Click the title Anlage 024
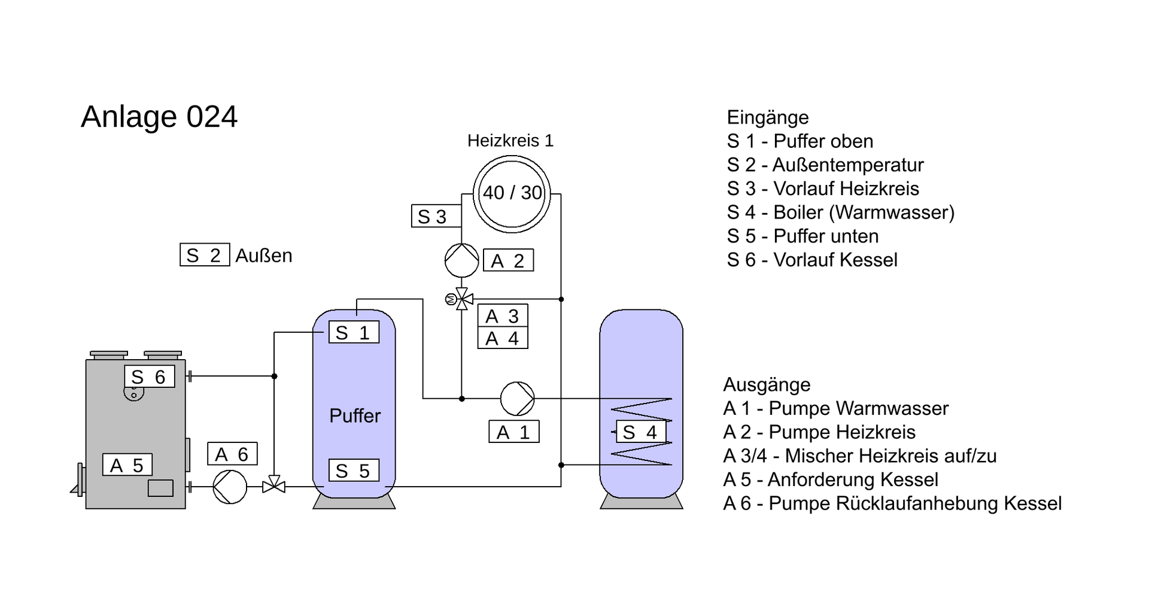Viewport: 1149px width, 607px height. pyautogui.click(x=159, y=117)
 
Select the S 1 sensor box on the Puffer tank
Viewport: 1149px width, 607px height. pyautogui.click(x=354, y=332)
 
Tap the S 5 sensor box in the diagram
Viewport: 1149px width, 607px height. pyautogui.click(x=354, y=471)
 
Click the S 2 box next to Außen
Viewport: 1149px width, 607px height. pyautogui.click(x=205, y=256)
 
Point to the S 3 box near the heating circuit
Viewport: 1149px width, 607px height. pyautogui.click(x=436, y=216)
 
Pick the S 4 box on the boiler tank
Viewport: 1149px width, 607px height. pyautogui.click(x=641, y=432)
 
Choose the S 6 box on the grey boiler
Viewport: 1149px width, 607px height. pyautogui.click(x=150, y=377)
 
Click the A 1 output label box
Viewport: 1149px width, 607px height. pyautogui.click(x=514, y=432)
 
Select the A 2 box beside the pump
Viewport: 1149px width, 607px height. pyautogui.click(x=508, y=261)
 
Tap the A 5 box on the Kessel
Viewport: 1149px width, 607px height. pyautogui.click(x=127, y=465)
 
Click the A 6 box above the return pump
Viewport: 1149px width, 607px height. pyautogui.click(x=232, y=454)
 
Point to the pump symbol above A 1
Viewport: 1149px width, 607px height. pyautogui.click(x=517, y=399)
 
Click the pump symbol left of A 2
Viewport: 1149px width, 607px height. pyautogui.click(x=461, y=260)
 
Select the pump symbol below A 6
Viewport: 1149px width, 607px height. pyautogui.click(x=230, y=487)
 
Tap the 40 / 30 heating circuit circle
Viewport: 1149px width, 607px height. pyautogui.click(x=512, y=193)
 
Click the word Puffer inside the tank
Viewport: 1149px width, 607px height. pyautogui.click(x=355, y=416)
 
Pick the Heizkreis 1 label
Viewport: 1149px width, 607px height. pyautogui.click(x=510, y=141)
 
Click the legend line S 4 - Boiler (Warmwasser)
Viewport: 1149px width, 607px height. pyautogui.click(x=840, y=213)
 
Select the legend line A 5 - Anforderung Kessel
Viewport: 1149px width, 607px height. pyautogui.click(x=831, y=479)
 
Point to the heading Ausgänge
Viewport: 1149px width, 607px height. pyautogui.click(x=767, y=384)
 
